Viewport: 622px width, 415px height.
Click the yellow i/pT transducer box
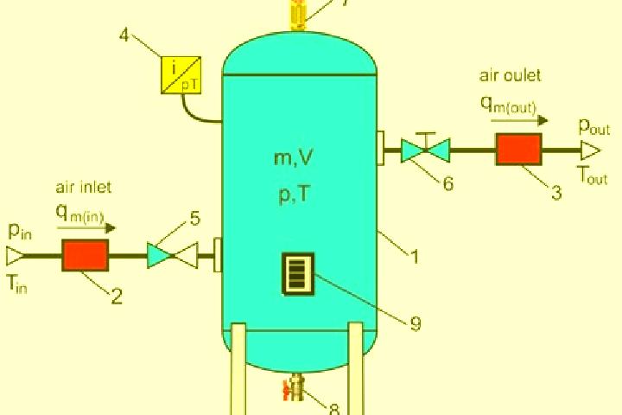point(181,75)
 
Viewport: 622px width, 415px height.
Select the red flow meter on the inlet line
point(86,255)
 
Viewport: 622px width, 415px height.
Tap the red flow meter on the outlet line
point(519,150)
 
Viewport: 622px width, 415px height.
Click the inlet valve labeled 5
point(172,255)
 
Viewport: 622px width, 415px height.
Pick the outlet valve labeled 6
point(425,150)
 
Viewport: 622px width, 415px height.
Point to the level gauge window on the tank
point(298,274)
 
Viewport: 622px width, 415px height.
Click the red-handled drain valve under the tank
point(294,388)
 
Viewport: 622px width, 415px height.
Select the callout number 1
point(414,257)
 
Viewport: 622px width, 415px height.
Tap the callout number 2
point(117,296)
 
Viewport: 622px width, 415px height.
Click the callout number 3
point(556,193)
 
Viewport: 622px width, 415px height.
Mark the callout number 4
point(124,35)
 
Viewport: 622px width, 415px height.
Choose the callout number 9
point(415,323)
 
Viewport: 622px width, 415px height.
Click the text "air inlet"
point(83,187)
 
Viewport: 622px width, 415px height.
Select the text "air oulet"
point(511,75)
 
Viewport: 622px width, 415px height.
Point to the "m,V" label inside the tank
point(293,157)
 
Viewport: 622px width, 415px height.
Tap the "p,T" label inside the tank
point(295,195)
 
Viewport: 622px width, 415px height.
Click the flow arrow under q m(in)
point(86,228)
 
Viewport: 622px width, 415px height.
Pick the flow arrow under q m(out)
point(520,120)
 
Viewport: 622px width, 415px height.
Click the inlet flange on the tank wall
point(218,255)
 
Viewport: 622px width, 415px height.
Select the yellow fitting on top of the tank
point(298,15)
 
